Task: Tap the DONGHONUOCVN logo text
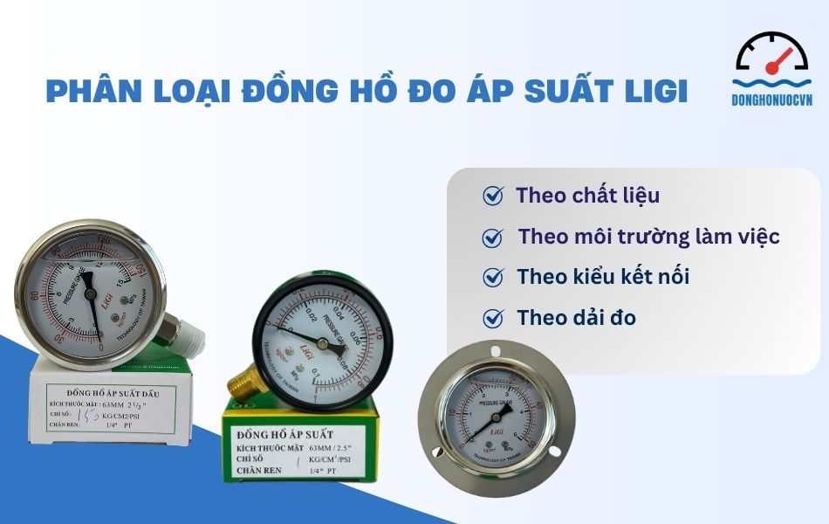coord(771,100)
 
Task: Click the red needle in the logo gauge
coord(782,61)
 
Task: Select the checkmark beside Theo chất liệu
coord(493,196)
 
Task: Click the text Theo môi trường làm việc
coord(648,237)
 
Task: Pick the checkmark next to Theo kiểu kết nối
coord(493,278)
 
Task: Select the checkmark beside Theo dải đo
coord(493,318)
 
